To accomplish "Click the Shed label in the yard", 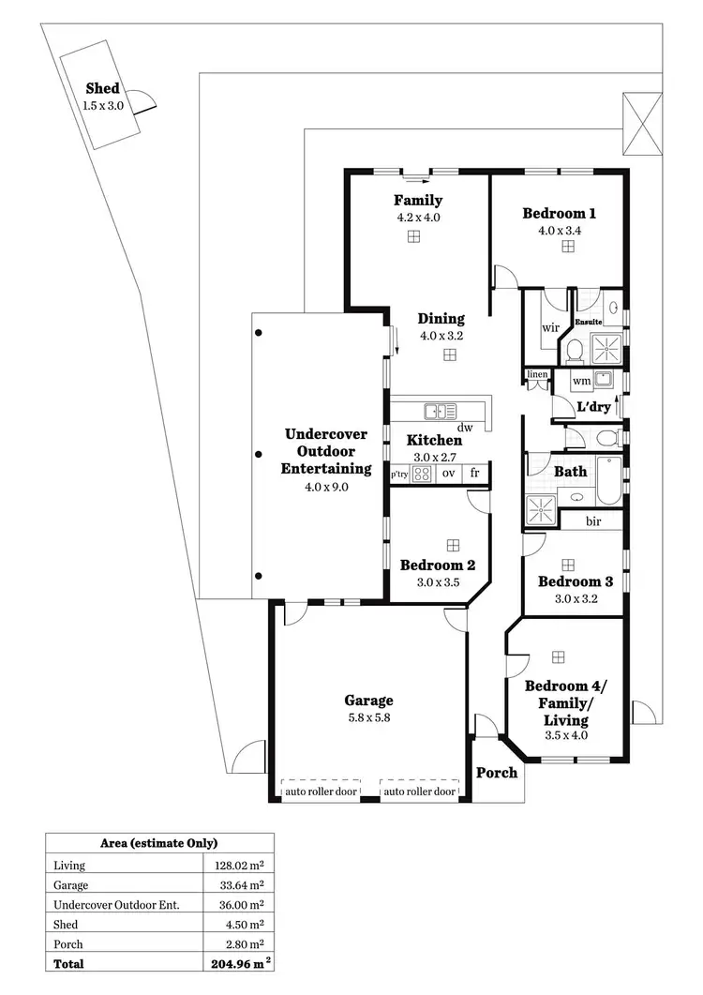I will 102,88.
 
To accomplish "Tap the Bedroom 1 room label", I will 559,214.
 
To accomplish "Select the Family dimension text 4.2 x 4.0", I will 417,218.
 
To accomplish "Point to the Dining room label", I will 441,319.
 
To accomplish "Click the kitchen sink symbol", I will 440,411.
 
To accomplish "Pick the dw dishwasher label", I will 464,428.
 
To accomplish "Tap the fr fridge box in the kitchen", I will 475,473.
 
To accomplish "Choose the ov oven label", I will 448,473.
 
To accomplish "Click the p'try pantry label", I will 400,475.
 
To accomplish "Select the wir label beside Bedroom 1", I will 549,329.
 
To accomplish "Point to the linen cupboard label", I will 537,375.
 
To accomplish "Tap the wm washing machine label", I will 581,381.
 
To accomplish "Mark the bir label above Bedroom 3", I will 593,521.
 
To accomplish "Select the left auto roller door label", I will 322,791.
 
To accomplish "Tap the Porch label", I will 497,773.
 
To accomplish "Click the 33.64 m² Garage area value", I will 239,884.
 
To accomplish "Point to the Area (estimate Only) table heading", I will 159,843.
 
